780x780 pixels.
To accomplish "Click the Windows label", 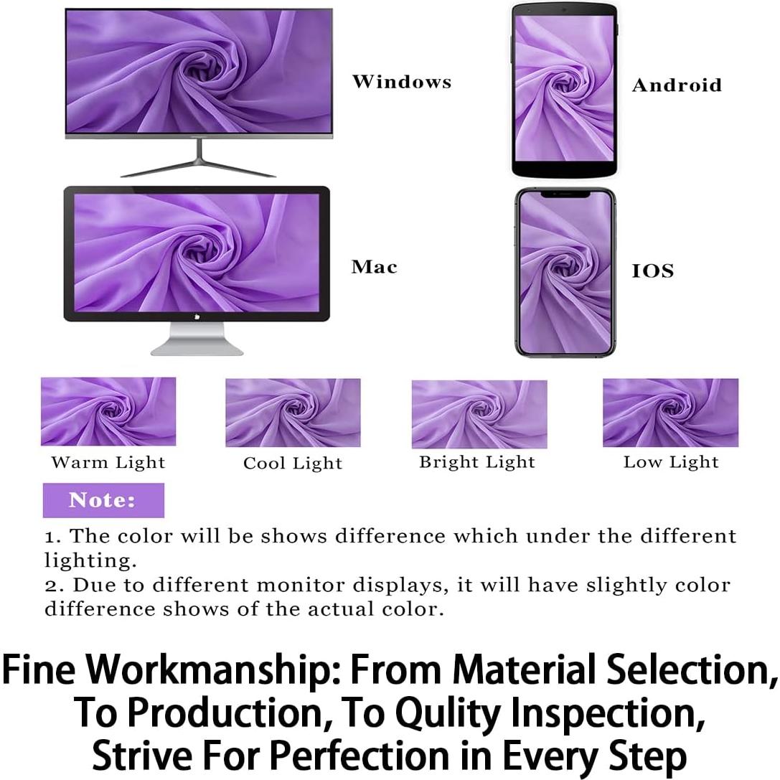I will pos(401,82).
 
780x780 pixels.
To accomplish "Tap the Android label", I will pos(676,85).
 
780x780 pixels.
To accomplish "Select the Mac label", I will pos(374,267).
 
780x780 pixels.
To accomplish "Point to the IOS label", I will pos(652,271).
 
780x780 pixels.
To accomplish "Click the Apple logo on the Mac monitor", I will pos(196,316).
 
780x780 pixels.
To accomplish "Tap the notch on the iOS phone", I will pos(565,194).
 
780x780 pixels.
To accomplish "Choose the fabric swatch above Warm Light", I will pos(108,411).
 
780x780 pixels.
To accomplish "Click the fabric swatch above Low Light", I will pos(670,413).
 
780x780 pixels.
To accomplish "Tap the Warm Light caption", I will pos(108,462).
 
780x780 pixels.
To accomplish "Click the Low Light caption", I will pos(670,462).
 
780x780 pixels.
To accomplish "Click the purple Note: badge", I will pos(103,500).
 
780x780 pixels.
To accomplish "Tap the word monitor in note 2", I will pos(301,585).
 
